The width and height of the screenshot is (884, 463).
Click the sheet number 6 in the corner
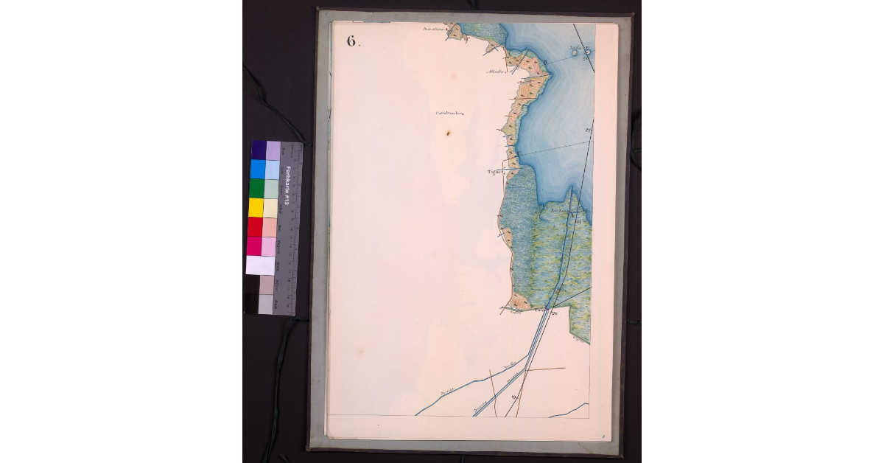[x=352, y=41]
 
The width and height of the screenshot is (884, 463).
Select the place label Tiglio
[x=494, y=171]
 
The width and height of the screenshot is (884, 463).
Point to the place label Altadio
[x=494, y=72]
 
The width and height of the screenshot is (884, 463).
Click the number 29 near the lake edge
[x=589, y=130]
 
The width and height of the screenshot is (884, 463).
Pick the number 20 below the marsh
[x=554, y=313]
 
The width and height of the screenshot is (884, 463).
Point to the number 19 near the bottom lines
[x=513, y=399]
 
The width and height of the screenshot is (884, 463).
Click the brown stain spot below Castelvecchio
[x=447, y=133]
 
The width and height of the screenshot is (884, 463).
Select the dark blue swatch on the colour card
[x=259, y=150]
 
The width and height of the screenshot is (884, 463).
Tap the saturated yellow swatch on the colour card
[x=256, y=207]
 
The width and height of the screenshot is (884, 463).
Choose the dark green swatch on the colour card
[x=256, y=188]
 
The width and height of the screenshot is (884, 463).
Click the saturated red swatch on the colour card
[x=255, y=226]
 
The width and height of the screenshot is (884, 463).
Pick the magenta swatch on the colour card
[x=254, y=246]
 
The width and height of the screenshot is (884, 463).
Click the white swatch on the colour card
[x=259, y=265]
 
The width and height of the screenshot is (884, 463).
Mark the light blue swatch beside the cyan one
[x=272, y=169]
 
